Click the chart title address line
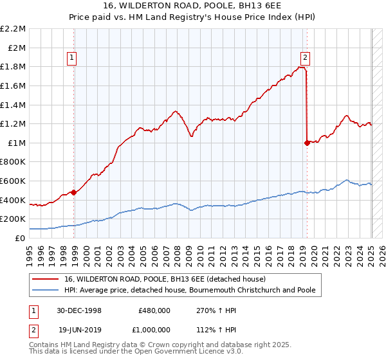192,6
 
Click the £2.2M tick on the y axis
13,29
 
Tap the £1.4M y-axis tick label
13,105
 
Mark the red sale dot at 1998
74,192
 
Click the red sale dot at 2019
307,143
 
